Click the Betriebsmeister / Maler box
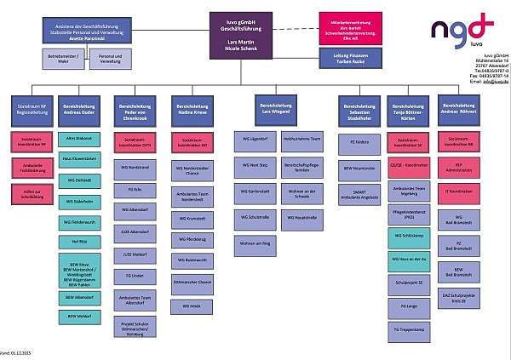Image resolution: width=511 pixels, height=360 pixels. tap(67, 60)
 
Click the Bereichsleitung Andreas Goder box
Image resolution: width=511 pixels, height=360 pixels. tap(82, 111)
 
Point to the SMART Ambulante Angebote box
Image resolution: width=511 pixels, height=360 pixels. tap(358, 193)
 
